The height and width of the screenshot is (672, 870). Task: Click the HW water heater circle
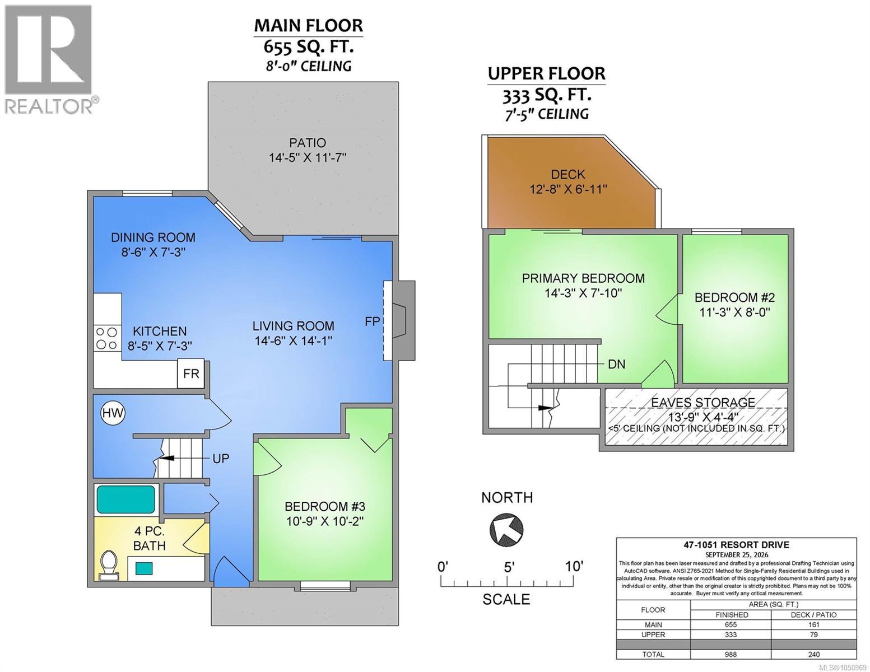(113, 413)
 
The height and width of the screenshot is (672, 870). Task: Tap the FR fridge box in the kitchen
(191, 374)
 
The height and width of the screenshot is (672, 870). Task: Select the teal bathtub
(125, 499)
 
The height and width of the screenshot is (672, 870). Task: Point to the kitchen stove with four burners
(108, 339)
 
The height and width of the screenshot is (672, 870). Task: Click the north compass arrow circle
(506, 530)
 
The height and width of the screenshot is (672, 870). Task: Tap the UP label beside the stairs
(221, 459)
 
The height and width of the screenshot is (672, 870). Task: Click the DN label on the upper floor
(617, 364)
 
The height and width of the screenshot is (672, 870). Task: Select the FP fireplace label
(372, 321)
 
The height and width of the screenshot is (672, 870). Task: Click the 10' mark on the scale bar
(574, 566)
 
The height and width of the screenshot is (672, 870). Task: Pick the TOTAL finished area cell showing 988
(731, 655)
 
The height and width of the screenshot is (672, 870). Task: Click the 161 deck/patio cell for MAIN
(813, 625)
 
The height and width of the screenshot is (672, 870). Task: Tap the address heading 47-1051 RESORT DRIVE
(736, 545)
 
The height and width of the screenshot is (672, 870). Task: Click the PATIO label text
(308, 142)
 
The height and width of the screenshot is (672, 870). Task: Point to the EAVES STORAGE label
(703, 402)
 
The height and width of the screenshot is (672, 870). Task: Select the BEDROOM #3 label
(325, 507)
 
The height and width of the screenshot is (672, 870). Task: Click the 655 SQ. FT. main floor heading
(308, 47)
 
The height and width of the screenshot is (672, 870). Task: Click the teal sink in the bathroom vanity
(144, 568)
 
